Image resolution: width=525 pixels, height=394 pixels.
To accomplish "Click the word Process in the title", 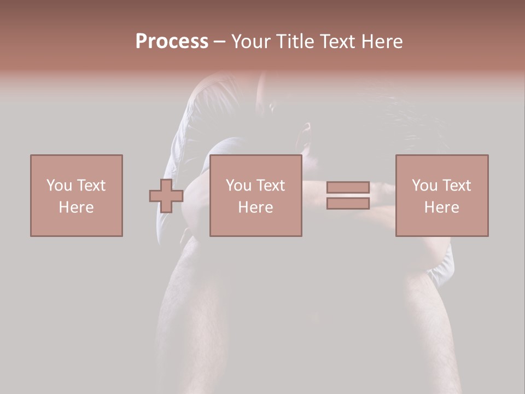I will (x=172, y=42).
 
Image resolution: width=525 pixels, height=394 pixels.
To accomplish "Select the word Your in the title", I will (x=249, y=42).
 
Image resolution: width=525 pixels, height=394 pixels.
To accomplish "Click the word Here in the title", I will (x=384, y=42).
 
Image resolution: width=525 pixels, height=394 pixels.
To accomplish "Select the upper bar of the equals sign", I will (x=348, y=187).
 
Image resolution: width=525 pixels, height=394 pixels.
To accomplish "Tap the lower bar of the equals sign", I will (x=348, y=204).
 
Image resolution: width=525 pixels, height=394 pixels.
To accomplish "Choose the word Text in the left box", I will (x=91, y=186).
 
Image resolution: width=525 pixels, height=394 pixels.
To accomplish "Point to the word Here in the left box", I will (x=76, y=207).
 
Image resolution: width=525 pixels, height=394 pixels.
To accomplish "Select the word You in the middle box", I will (x=239, y=186).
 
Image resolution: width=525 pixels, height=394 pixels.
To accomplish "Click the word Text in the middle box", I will (x=270, y=186).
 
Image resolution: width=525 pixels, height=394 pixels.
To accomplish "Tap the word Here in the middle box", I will (x=255, y=207).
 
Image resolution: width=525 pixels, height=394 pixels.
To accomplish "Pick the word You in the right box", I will (x=425, y=186).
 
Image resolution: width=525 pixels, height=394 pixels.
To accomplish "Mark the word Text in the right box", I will (x=456, y=186).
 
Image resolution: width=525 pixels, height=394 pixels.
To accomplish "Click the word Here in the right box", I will (x=441, y=207).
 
